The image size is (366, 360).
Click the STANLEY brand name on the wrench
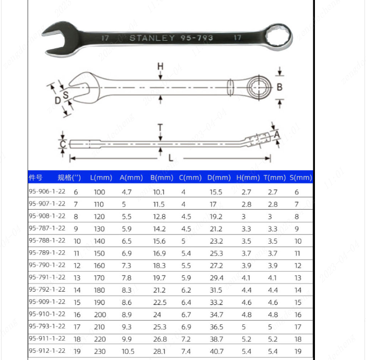152,38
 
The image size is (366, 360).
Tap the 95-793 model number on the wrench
197,38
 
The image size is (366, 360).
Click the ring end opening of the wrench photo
279,37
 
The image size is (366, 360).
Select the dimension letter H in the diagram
160,66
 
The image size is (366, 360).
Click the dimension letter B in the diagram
279,87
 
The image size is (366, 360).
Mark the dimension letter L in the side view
170,158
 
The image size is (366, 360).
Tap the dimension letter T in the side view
160,128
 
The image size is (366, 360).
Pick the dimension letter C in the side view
63,144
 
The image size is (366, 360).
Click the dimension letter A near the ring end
277,135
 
